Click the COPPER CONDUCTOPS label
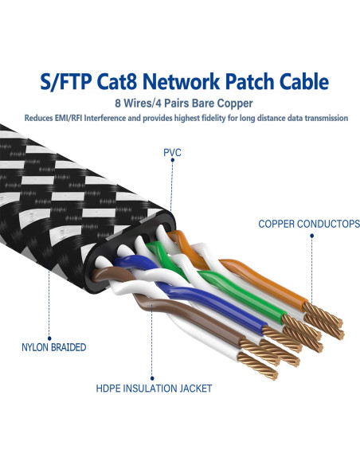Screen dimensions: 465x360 coord(308,225)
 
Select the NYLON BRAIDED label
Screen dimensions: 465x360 coord(53,347)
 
